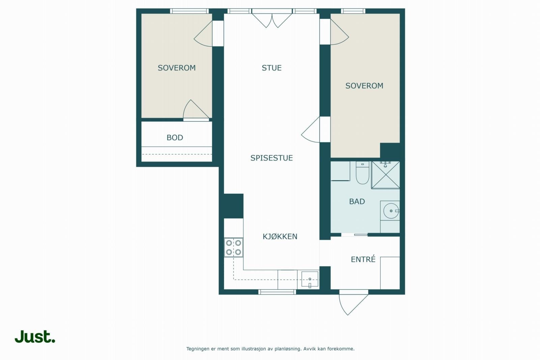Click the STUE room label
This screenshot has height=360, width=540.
(271, 68)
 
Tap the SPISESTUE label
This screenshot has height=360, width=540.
(271, 158)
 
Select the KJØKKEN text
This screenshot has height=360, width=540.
(280, 237)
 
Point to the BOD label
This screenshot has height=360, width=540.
(175, 138)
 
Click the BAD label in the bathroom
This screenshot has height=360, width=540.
(357, 201)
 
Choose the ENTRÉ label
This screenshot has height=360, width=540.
(363, 259)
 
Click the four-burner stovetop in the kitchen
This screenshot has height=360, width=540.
(234, 247)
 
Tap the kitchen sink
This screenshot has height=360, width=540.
(310, 279)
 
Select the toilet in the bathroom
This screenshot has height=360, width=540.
(362, 173)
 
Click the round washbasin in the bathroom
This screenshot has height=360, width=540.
(391, 211)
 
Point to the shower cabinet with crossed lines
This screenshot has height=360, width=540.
(385, 175)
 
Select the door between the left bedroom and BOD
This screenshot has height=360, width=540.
(196, 110)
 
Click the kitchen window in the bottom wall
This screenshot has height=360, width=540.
(277, 292)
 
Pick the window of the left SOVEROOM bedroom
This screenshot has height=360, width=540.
(189, 11)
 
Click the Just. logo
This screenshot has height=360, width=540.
(35, 337)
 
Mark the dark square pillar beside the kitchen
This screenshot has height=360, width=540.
(233, 206)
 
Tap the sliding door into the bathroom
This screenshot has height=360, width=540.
(354, 235)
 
